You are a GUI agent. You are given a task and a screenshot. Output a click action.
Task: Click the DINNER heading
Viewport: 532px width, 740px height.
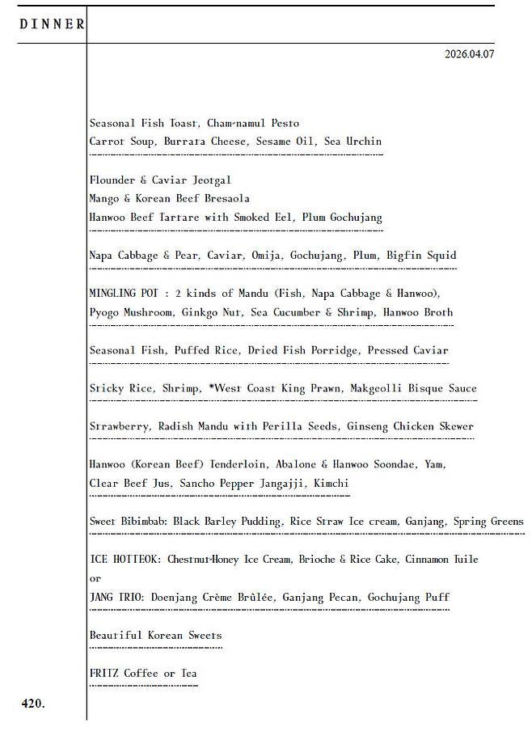[x=52, y=24]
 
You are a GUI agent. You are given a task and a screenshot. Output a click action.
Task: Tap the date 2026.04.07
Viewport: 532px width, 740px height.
[x=469, y=54]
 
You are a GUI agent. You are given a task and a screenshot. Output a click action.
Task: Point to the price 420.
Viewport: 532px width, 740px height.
[x=33, y=704]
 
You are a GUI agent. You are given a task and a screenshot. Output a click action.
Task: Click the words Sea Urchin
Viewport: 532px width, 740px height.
[x=353, y=142]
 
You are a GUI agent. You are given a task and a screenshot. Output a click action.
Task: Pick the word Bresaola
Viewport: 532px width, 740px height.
[x=226, y=199]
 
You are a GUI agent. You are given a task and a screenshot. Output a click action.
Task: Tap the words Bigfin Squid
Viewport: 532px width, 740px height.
[x=421, y=256]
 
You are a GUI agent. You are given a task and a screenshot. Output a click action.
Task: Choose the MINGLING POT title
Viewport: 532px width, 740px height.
[x=125, y=294]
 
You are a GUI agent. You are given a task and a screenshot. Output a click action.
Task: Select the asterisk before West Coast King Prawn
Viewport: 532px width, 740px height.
[x=210, y=387]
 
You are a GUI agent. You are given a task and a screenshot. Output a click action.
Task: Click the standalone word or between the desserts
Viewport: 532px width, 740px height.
[x=95, y=579]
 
